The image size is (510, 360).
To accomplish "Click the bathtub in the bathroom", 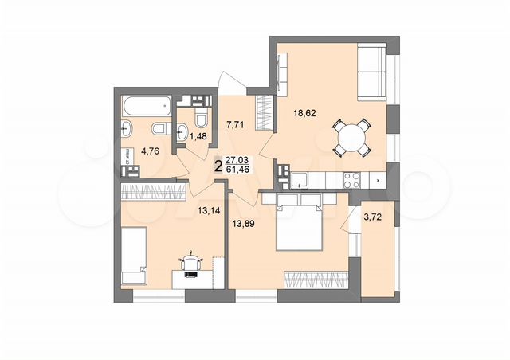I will click(146, 104).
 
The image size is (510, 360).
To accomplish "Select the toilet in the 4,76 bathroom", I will click(158, 129).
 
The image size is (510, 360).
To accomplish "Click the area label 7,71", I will click(234, 125).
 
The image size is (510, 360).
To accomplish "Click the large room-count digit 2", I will click(218, 165).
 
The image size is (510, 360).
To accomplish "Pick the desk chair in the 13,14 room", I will click(191, 260).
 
